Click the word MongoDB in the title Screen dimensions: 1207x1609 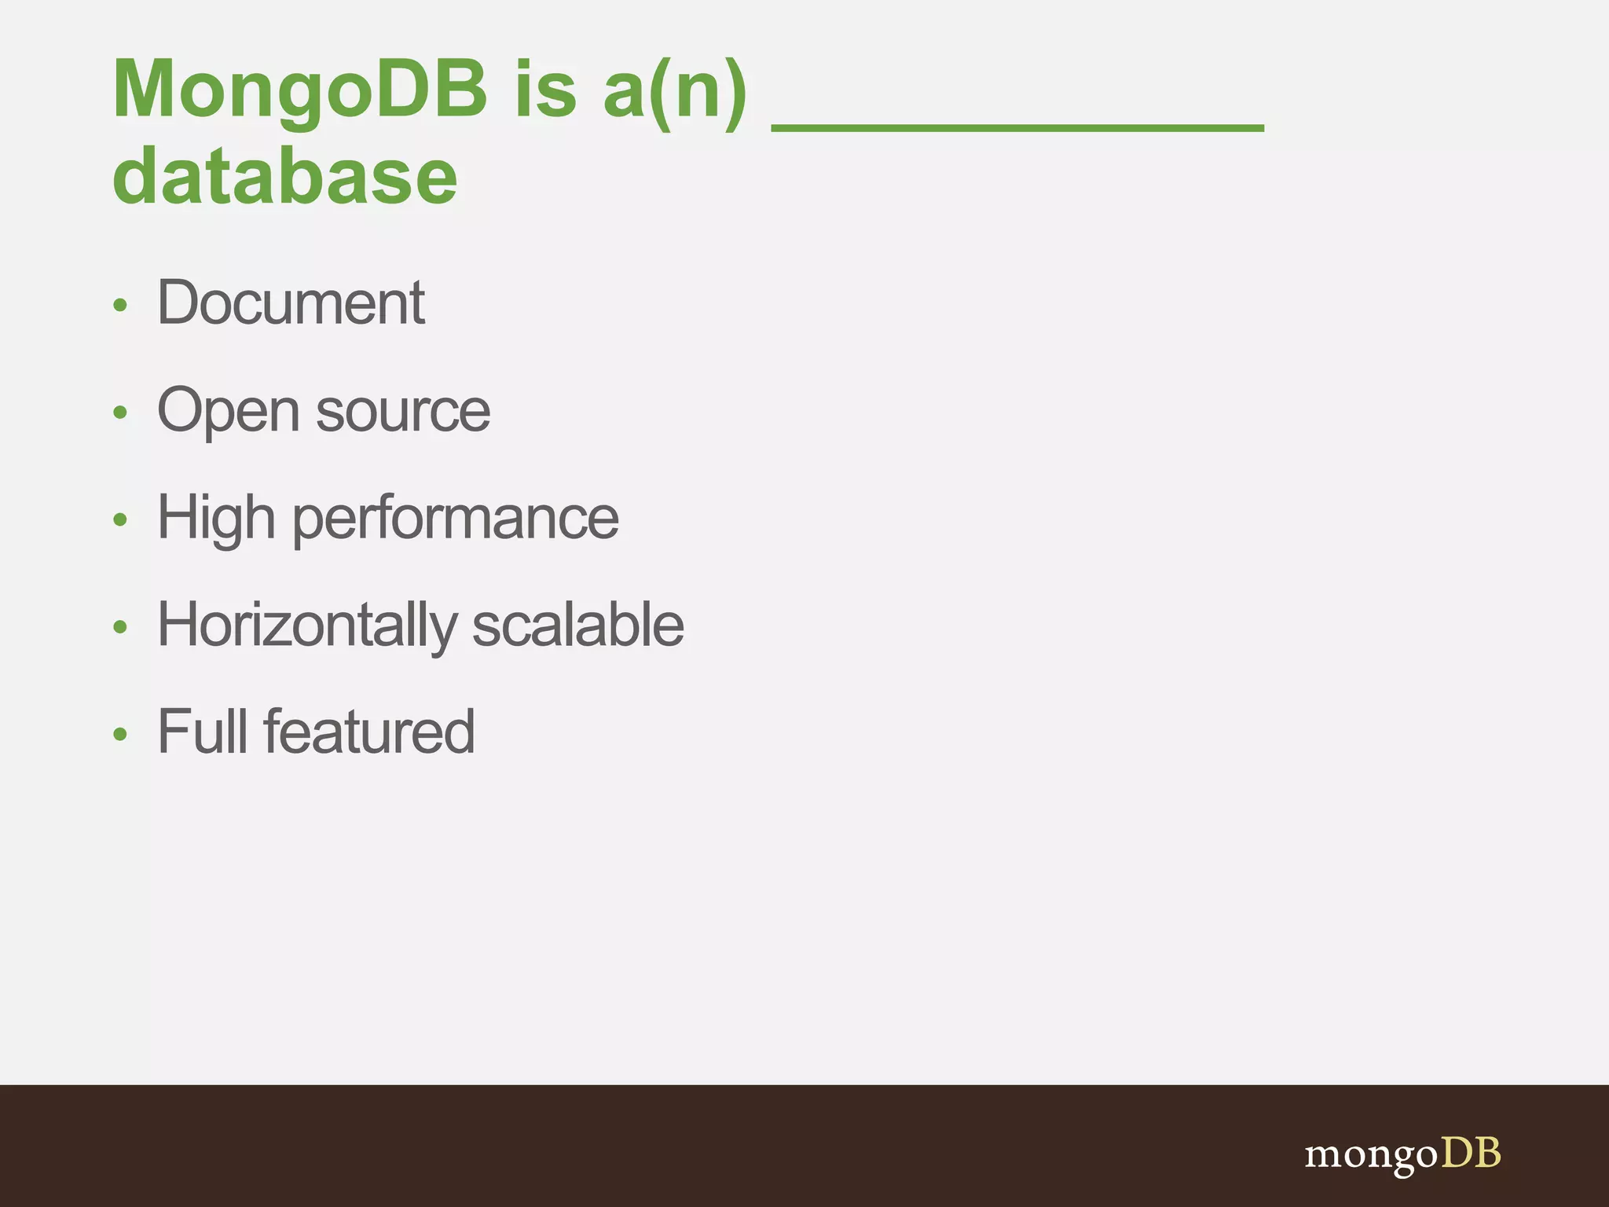300,90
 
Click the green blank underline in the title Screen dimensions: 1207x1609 1017,126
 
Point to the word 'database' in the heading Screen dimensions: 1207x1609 284,178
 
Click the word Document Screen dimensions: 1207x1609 291,303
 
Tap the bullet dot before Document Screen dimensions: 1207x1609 119,305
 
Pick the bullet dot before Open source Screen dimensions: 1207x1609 119,413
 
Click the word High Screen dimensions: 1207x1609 217,519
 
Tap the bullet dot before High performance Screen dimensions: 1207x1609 119,519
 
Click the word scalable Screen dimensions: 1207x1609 578,626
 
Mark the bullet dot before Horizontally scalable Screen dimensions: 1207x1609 119,627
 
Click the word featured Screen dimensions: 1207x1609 369,732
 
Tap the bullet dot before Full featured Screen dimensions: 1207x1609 119,735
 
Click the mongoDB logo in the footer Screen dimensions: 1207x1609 1402,1154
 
